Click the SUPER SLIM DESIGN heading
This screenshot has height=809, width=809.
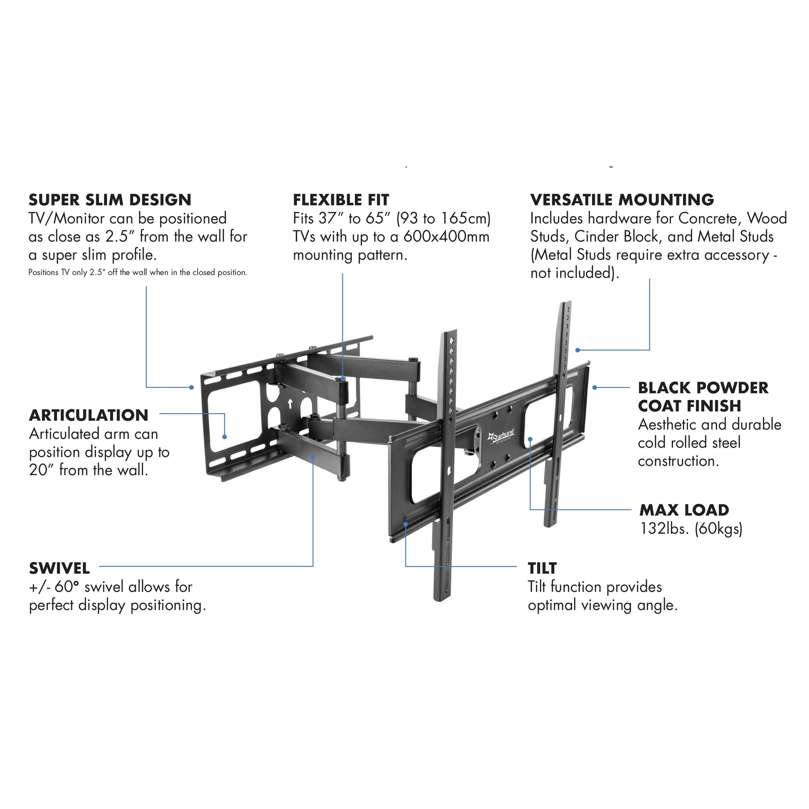(110, 200)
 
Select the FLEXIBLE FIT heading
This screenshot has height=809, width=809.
(341, 200)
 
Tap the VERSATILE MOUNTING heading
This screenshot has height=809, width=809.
(622, 200)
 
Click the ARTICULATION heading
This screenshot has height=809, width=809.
(89, 415)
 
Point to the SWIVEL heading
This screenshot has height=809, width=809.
(59, 569)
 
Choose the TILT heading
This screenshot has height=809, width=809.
(542, 569)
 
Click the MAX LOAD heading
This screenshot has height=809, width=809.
(684, 510)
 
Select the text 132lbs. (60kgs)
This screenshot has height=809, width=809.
(691, 529)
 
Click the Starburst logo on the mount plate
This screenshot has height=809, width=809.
(502, 437)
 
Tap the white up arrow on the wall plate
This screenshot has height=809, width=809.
(290, 404)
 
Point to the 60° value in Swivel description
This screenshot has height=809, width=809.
(67, 587)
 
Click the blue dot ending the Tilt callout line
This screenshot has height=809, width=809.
(405, 524)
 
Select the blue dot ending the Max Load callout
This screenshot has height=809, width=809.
(530, 439)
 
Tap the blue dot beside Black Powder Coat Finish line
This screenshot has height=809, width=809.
(594, 387)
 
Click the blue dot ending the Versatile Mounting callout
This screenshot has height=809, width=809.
(577, 350)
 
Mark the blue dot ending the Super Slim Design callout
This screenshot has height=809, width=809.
(192, 387)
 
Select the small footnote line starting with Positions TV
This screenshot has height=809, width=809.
(137, 273)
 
